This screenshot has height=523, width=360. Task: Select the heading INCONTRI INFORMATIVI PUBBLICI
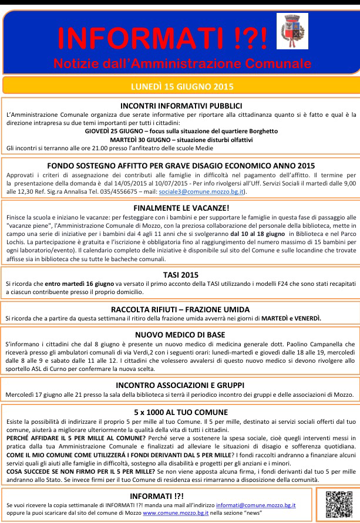180,105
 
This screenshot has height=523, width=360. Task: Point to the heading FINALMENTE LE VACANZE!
180,207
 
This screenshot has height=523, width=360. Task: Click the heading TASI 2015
180,274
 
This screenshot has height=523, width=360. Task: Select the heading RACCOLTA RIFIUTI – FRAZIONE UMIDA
180,309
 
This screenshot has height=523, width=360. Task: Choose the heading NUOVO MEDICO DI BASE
180,335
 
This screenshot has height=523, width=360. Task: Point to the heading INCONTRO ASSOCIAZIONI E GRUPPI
180,384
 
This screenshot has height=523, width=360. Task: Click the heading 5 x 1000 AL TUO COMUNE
180,411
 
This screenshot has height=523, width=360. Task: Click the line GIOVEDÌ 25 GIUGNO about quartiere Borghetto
180,131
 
